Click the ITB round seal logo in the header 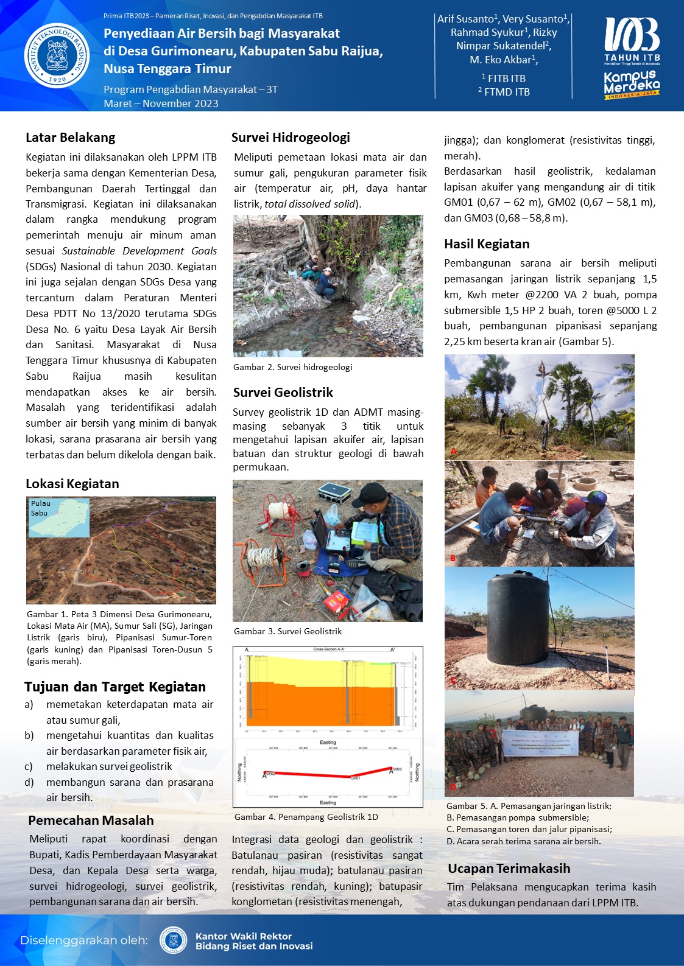pos(57,55)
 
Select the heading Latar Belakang pos(70,138)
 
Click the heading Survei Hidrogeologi pos(291,138)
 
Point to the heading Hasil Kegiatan pos(487,244)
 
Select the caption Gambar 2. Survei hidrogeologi pos(292,367)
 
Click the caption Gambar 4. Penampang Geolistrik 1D pos(306,817)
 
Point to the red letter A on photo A pos(453,451)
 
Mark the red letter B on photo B pos(453,558)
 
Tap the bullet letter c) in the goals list pos(29,767)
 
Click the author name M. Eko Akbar pos(503,60)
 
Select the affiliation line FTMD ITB pos(504,92)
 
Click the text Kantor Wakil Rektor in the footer pos(243,936)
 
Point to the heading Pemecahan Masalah pos(91,821)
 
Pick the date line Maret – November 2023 pos(161,103)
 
